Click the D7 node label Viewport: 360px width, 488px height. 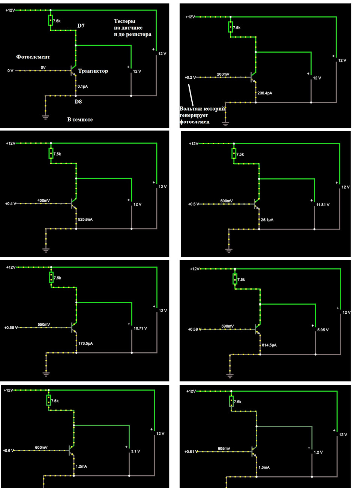81,26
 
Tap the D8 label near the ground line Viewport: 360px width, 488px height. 78,102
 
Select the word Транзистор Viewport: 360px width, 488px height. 93,71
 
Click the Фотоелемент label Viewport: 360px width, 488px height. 33,57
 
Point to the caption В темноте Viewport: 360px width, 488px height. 80,120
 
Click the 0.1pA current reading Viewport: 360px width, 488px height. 82,87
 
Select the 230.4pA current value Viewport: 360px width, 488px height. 265,93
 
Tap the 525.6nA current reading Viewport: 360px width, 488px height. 85,219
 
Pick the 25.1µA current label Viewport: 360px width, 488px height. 267,220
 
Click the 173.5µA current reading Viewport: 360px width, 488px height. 85,343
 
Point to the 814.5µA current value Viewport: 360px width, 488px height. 269,345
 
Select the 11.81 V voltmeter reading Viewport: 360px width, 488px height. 323,205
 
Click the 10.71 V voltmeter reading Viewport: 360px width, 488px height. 140,328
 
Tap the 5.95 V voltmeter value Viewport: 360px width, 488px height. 323,330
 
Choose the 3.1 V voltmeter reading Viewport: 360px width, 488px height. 135,451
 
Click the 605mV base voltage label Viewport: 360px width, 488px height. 224,449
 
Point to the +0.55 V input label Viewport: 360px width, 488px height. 11,328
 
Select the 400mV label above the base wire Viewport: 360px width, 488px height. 43,201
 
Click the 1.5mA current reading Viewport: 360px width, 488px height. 264,467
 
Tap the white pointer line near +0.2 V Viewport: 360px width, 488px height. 190,95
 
